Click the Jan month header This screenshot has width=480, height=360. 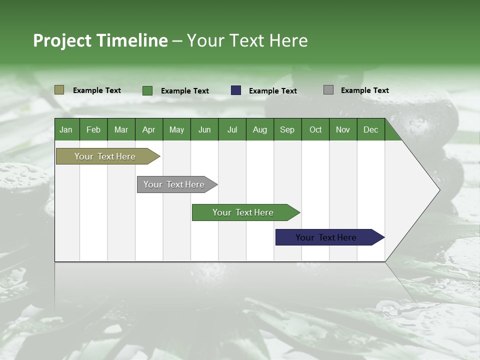tap(66, 129)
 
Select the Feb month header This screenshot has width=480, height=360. tap(93, 129)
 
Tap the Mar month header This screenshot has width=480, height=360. tap(121, 129)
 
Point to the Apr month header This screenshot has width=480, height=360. tap(149, 129)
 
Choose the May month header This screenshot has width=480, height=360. tap(176, 129)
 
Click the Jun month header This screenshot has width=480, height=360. tap(204, 129)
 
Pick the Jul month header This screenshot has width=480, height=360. tap(232, 129)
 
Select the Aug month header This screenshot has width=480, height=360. tap(260, 129)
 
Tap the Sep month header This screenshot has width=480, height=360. tap(287, 129)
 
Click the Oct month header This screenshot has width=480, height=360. tap(315, 129)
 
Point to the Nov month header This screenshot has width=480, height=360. tap(343, 129)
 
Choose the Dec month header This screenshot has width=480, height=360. tap(370, 129)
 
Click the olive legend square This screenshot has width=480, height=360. tap(59, 90)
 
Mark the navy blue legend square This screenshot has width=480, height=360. tap(236, 90)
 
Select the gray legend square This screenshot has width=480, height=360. tap(328, 90)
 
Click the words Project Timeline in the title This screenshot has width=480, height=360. tap(100, 40)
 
